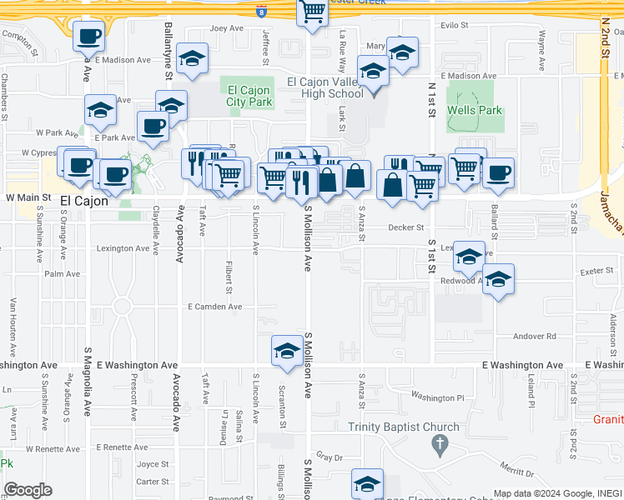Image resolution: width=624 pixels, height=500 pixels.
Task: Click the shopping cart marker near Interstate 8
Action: click(312, 13)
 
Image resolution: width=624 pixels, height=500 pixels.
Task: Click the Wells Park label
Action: click(475, 110)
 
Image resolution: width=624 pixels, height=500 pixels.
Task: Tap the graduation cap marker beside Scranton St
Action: click(286, 351)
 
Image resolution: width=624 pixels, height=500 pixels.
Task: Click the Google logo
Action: click(28, 490)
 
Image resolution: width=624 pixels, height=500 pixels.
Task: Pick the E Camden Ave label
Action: click(214, 307)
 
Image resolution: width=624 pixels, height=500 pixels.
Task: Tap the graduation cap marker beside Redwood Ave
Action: click(498, 280)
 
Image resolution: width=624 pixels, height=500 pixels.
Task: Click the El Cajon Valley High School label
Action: click(325, 87)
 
